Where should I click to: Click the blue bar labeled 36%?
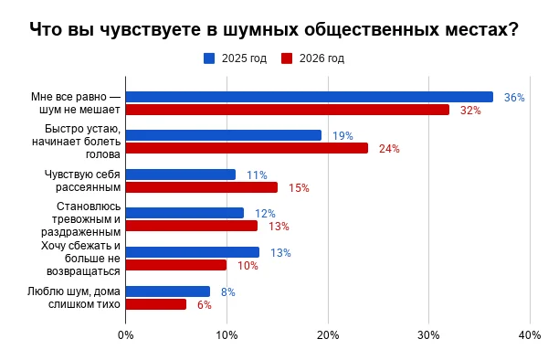pos(310,97)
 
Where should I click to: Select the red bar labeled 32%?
pos(288,110)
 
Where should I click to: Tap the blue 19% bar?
pos(224,135)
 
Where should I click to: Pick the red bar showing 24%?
pos(248,148)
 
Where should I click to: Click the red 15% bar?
pos(202,187)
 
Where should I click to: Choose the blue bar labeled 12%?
pos(184,213)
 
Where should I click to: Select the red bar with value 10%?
pos(176,265)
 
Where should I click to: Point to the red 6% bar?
pos(156,304)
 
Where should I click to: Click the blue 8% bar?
pos(168,291)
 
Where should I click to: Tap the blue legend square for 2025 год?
pos(209,58)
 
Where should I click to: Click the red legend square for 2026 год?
pos(287,58)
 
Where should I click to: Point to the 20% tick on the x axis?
pos(328,335)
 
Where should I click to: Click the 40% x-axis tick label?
pos(530,335)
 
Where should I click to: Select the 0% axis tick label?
pos(126,335)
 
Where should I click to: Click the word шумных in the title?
pos(260,29)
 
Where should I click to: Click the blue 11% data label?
pos(258,175)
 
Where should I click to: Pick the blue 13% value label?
pos(280,253)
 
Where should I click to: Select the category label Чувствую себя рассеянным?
pos(82,181)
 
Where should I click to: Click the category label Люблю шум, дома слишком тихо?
pos(74,298)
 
